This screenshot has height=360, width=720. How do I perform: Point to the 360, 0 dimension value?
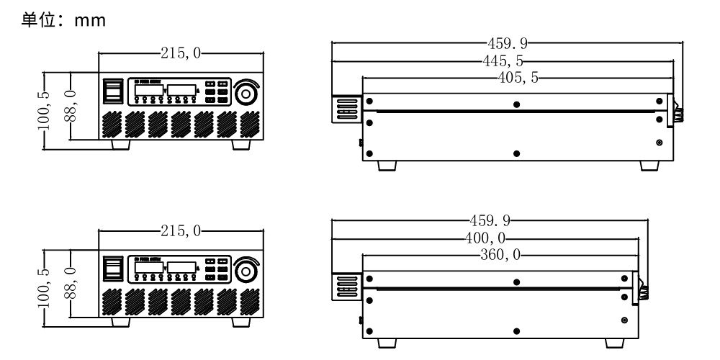[498, 254]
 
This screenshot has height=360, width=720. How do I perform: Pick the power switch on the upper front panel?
[112, 91]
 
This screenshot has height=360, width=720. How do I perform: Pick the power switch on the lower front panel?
[112, 269]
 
